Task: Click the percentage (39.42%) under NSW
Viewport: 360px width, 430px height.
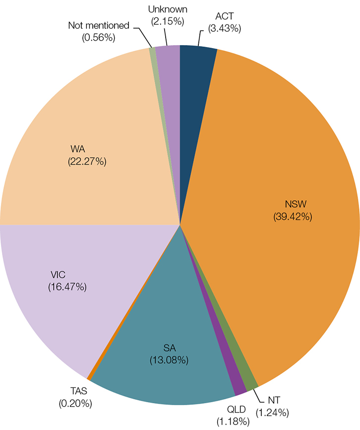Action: point(293,216)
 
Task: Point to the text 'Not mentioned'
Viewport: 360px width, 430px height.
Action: point(99,25)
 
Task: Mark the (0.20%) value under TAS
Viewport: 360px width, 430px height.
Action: point(75,404)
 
